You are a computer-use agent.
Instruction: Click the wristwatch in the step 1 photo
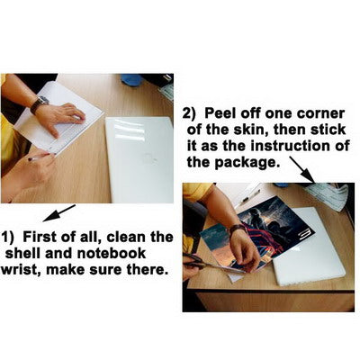tap(39, 104)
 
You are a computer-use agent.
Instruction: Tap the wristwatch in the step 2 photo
tap(238, 229)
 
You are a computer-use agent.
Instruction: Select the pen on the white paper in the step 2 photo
tap(249, 196)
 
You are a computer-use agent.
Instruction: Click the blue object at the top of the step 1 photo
tap(131, 79)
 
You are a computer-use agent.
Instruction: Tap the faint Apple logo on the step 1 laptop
tap(150, 158)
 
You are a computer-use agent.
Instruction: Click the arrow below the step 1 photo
tap(59, 212)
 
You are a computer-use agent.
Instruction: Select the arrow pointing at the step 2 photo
tap(302, 169)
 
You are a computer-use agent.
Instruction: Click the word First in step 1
tap(39, 237)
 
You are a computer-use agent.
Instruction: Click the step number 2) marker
tap(189, 114)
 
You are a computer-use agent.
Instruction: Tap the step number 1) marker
tap(8, 238)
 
